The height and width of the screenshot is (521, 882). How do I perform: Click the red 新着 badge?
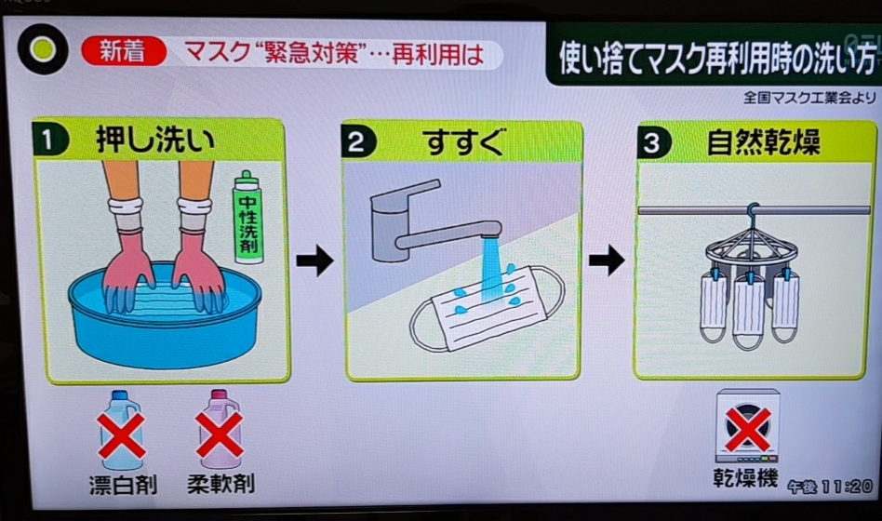coord(123,52)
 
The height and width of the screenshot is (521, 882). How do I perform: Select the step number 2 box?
coord(359,143)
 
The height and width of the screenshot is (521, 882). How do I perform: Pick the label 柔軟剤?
coord(220,484)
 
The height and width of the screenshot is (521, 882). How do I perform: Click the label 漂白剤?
coord(122,484)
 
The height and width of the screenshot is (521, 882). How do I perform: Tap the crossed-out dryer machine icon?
coord(747,426)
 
